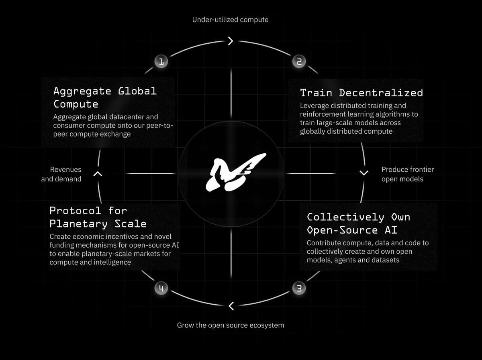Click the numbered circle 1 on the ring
tap(161, 61)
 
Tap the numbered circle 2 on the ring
tap(299, 61)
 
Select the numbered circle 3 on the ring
tap(299, 288)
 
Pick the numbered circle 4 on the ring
tap(161, 288)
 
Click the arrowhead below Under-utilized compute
tap(231, 41)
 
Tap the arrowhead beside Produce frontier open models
tap(364, 173)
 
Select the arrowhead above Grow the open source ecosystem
tap(231, 306)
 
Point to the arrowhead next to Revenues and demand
tap(98, 174)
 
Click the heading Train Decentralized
tap(361, 93)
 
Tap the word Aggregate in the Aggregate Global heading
tap(82, 91)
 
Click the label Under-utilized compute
tap(231, 19)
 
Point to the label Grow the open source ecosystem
tap(231, 325)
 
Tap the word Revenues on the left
tap(66, 170)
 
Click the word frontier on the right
tap(421, 169)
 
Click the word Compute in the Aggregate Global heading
tap(76, 104)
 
